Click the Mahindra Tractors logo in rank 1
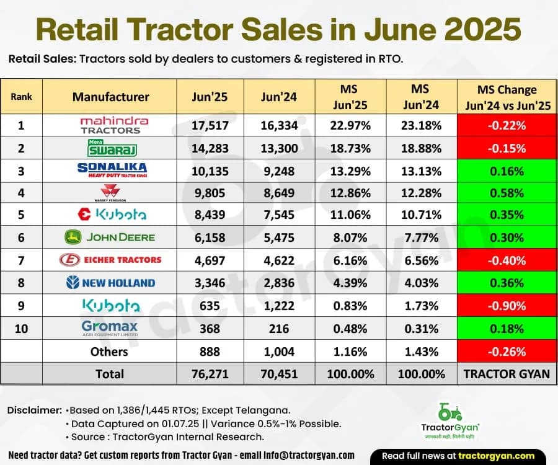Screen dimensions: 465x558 point(110,125)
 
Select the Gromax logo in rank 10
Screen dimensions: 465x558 point(110,328)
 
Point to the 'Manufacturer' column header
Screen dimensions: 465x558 point(110,96)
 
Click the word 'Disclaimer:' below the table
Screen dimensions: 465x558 point(35,410)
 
